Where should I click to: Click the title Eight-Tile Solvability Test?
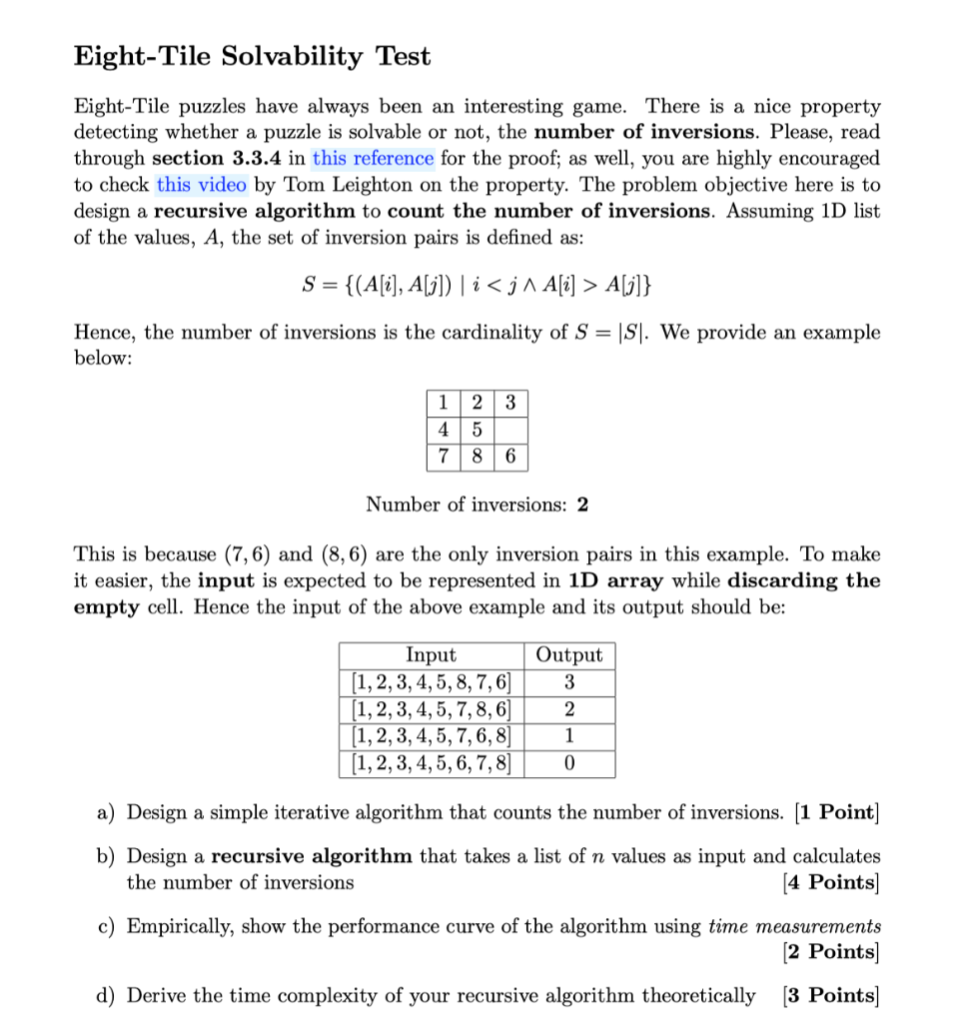pyautogui.click(x=253, y=57)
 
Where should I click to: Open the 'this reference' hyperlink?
pyautogui.click(x=373, y=158)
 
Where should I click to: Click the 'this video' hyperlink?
pyautogui.click(x=201, y=184)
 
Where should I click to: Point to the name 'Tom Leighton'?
pyautogui.click(x=330, y=184)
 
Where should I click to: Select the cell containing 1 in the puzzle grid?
pyautogui.click(x=442, y=404)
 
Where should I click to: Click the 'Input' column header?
pyautogui.click(x=431, y=655)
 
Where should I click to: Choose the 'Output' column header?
pyautogui.click(x=569, y=655)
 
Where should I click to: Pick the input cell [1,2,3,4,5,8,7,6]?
pyautogui.click(x=432, y=683)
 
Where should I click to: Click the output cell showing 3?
pyautogui.click(x=569, y=683)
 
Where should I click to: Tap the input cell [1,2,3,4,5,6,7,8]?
pyautogui.click(x=432, y=764)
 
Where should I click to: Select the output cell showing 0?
pyautogui.click(x=569, y=764)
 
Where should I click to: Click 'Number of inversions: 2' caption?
pyautogui.click(x=477, y=505)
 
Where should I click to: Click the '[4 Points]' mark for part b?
pyautogui.click(x=831, y=882)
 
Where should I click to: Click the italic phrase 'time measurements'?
pyautogui.click(x=794, y=925)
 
